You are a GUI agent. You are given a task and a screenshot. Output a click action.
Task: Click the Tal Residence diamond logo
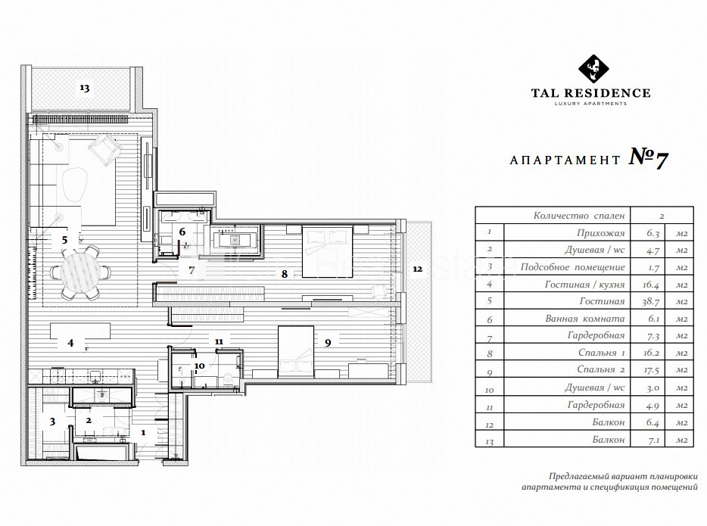click(x=593, y=69)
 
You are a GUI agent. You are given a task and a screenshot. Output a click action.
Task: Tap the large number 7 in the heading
click(x=661, y=159)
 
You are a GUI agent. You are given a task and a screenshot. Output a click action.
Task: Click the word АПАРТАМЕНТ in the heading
click(x=565, y=160)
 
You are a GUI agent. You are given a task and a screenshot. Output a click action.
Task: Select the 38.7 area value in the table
click(x=651, y=301)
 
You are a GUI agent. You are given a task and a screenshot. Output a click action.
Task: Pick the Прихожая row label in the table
click(x=600, y=233)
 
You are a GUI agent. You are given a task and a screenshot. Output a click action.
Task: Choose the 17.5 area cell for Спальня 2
click(x=651, y=369)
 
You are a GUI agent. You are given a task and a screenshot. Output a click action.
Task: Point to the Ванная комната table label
click(x=585, y=319)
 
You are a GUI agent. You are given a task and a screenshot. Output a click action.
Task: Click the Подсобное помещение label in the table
click(x=572, y=267)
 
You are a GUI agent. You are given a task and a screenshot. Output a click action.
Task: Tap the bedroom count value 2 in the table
click(x=662, y=216)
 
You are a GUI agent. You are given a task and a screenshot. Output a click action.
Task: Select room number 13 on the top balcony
click(x=85, y=88)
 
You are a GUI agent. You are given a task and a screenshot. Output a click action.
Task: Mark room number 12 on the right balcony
click(x=418, y=269)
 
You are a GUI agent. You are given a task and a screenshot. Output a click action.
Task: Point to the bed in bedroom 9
click(x=296, y=352)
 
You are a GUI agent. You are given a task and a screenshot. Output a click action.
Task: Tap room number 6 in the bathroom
click(x=182, y=232)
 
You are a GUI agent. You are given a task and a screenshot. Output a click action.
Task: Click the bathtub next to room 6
click(x=234, y=240)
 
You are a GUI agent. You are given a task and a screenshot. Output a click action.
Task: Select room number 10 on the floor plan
click(x=199, y=366)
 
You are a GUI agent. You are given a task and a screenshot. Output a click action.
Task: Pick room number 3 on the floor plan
click(x=52, y=422)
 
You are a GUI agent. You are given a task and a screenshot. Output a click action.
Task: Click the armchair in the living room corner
click(x=105, y=148)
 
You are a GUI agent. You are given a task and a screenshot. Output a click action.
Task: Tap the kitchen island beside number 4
click(x=80, y=331)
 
